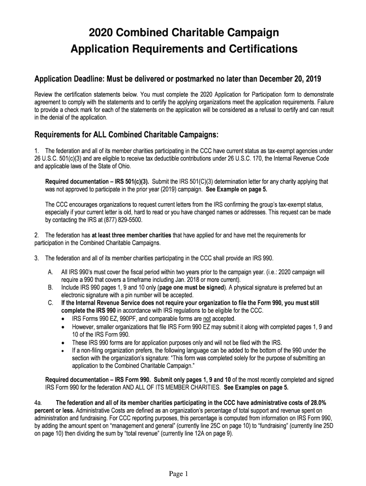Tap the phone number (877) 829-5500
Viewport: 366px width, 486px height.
pos(121,220)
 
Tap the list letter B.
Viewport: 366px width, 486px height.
pos(50,287)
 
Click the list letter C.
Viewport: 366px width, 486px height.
pos(50,302)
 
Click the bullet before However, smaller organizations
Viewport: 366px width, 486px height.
pos(64,327)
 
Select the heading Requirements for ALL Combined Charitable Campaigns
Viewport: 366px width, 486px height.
pos(126,135)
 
